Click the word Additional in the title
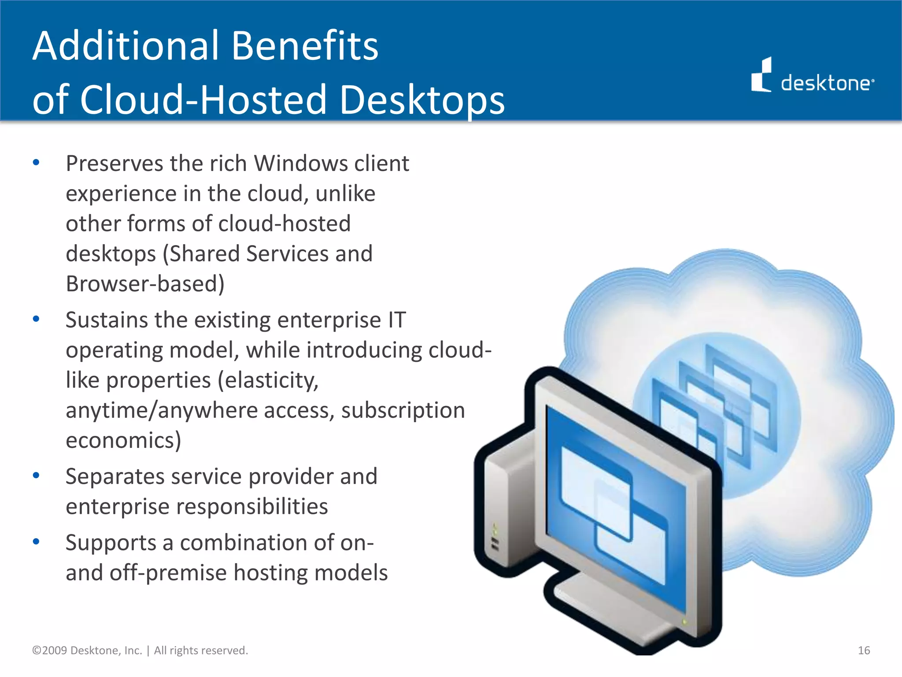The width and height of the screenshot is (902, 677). tap(126, 46)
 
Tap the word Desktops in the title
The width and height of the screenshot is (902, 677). tap(422, 100)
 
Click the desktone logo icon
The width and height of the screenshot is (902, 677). tap(761, 76)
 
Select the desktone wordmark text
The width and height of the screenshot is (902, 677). tap(827, 83)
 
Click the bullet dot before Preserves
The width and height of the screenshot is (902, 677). tap(36, 163)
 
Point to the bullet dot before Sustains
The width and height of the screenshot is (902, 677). tap(36, 319)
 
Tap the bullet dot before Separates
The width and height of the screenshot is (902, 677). tap(36, 475)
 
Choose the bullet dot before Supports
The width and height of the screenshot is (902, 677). tap(36, 541)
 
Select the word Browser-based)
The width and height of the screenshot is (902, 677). tap(145, 284)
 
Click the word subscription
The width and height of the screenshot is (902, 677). tap(403, 410)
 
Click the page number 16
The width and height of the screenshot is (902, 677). tap(864, 651)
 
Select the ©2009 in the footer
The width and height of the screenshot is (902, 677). tap(49, 651)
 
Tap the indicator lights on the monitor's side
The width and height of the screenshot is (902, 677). tap(495, 538)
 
